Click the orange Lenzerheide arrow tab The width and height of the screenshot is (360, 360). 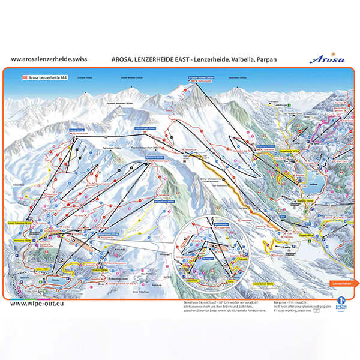point(343,283)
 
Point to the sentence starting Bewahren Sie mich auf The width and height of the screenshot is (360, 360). point(219,302)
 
